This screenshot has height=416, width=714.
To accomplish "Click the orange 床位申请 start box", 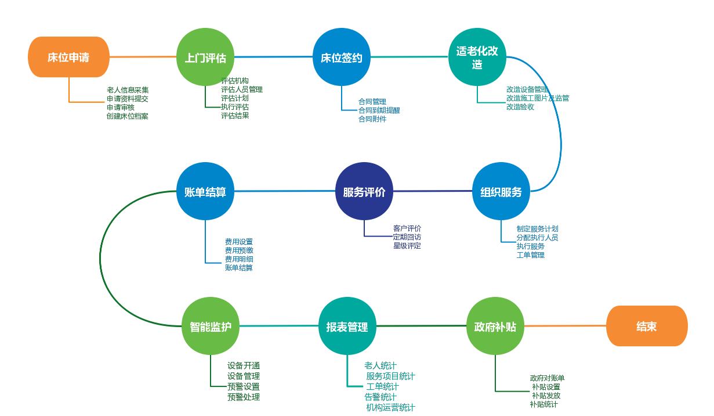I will (x=68, y=57).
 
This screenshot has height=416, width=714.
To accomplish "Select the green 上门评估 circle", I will (x=205, y=57).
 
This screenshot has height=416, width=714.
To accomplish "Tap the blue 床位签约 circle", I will (x=342, y=57).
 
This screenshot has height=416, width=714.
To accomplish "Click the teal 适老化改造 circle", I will (x=477, y=57).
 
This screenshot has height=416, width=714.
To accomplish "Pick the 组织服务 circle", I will (x=501, y=191).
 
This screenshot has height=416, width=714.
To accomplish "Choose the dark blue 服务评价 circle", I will (x=364, y=191).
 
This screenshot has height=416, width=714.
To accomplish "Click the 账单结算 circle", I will (x=205, y=191).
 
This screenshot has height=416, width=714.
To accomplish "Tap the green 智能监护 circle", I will (x=211, y=326).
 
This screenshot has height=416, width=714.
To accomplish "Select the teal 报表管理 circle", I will (x=347, y=326).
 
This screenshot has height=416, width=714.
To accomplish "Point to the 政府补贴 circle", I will (x=495, y=326).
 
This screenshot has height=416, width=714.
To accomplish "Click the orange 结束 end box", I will (x=647, y=326).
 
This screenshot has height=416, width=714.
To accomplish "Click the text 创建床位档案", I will (x=128, y=116).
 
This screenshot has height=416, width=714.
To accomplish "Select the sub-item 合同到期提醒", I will (x=379, y=110).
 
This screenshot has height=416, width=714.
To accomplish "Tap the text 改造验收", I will (x=520, y=107).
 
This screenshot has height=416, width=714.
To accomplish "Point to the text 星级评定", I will (x=407, y=246).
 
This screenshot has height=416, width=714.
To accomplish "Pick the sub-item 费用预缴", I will (x=239, y=250).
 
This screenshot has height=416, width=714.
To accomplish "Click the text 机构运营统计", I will (x=390, y=407).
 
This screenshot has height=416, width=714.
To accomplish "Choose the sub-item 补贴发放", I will (x=546, y=396).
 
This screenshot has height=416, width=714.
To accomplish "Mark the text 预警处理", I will (x=244, y=397).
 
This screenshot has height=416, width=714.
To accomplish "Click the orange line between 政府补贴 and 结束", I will (x=565, y=326).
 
